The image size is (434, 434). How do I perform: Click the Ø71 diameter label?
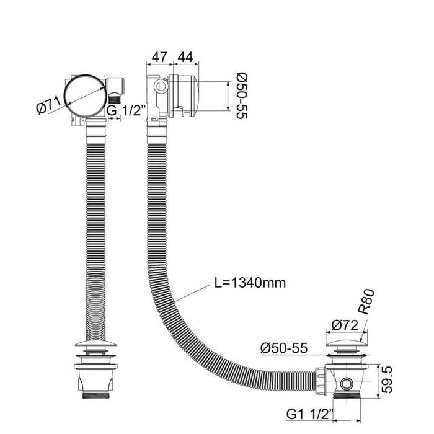tap(49, 105)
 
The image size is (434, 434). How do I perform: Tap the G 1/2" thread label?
tap(126, 111)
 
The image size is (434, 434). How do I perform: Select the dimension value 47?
tap(159, 57)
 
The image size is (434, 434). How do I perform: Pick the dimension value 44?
tap(185, 57)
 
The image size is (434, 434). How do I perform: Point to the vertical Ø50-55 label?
tap(242, 95)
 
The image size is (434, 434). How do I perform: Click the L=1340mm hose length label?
tap(250, 283)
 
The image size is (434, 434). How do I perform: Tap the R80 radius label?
tap(366, 302)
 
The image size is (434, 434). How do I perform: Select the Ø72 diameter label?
tap(345, 325)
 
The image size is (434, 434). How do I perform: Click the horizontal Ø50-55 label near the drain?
tap(284, 348)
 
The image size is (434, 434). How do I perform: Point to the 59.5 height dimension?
tap(387, 379)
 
